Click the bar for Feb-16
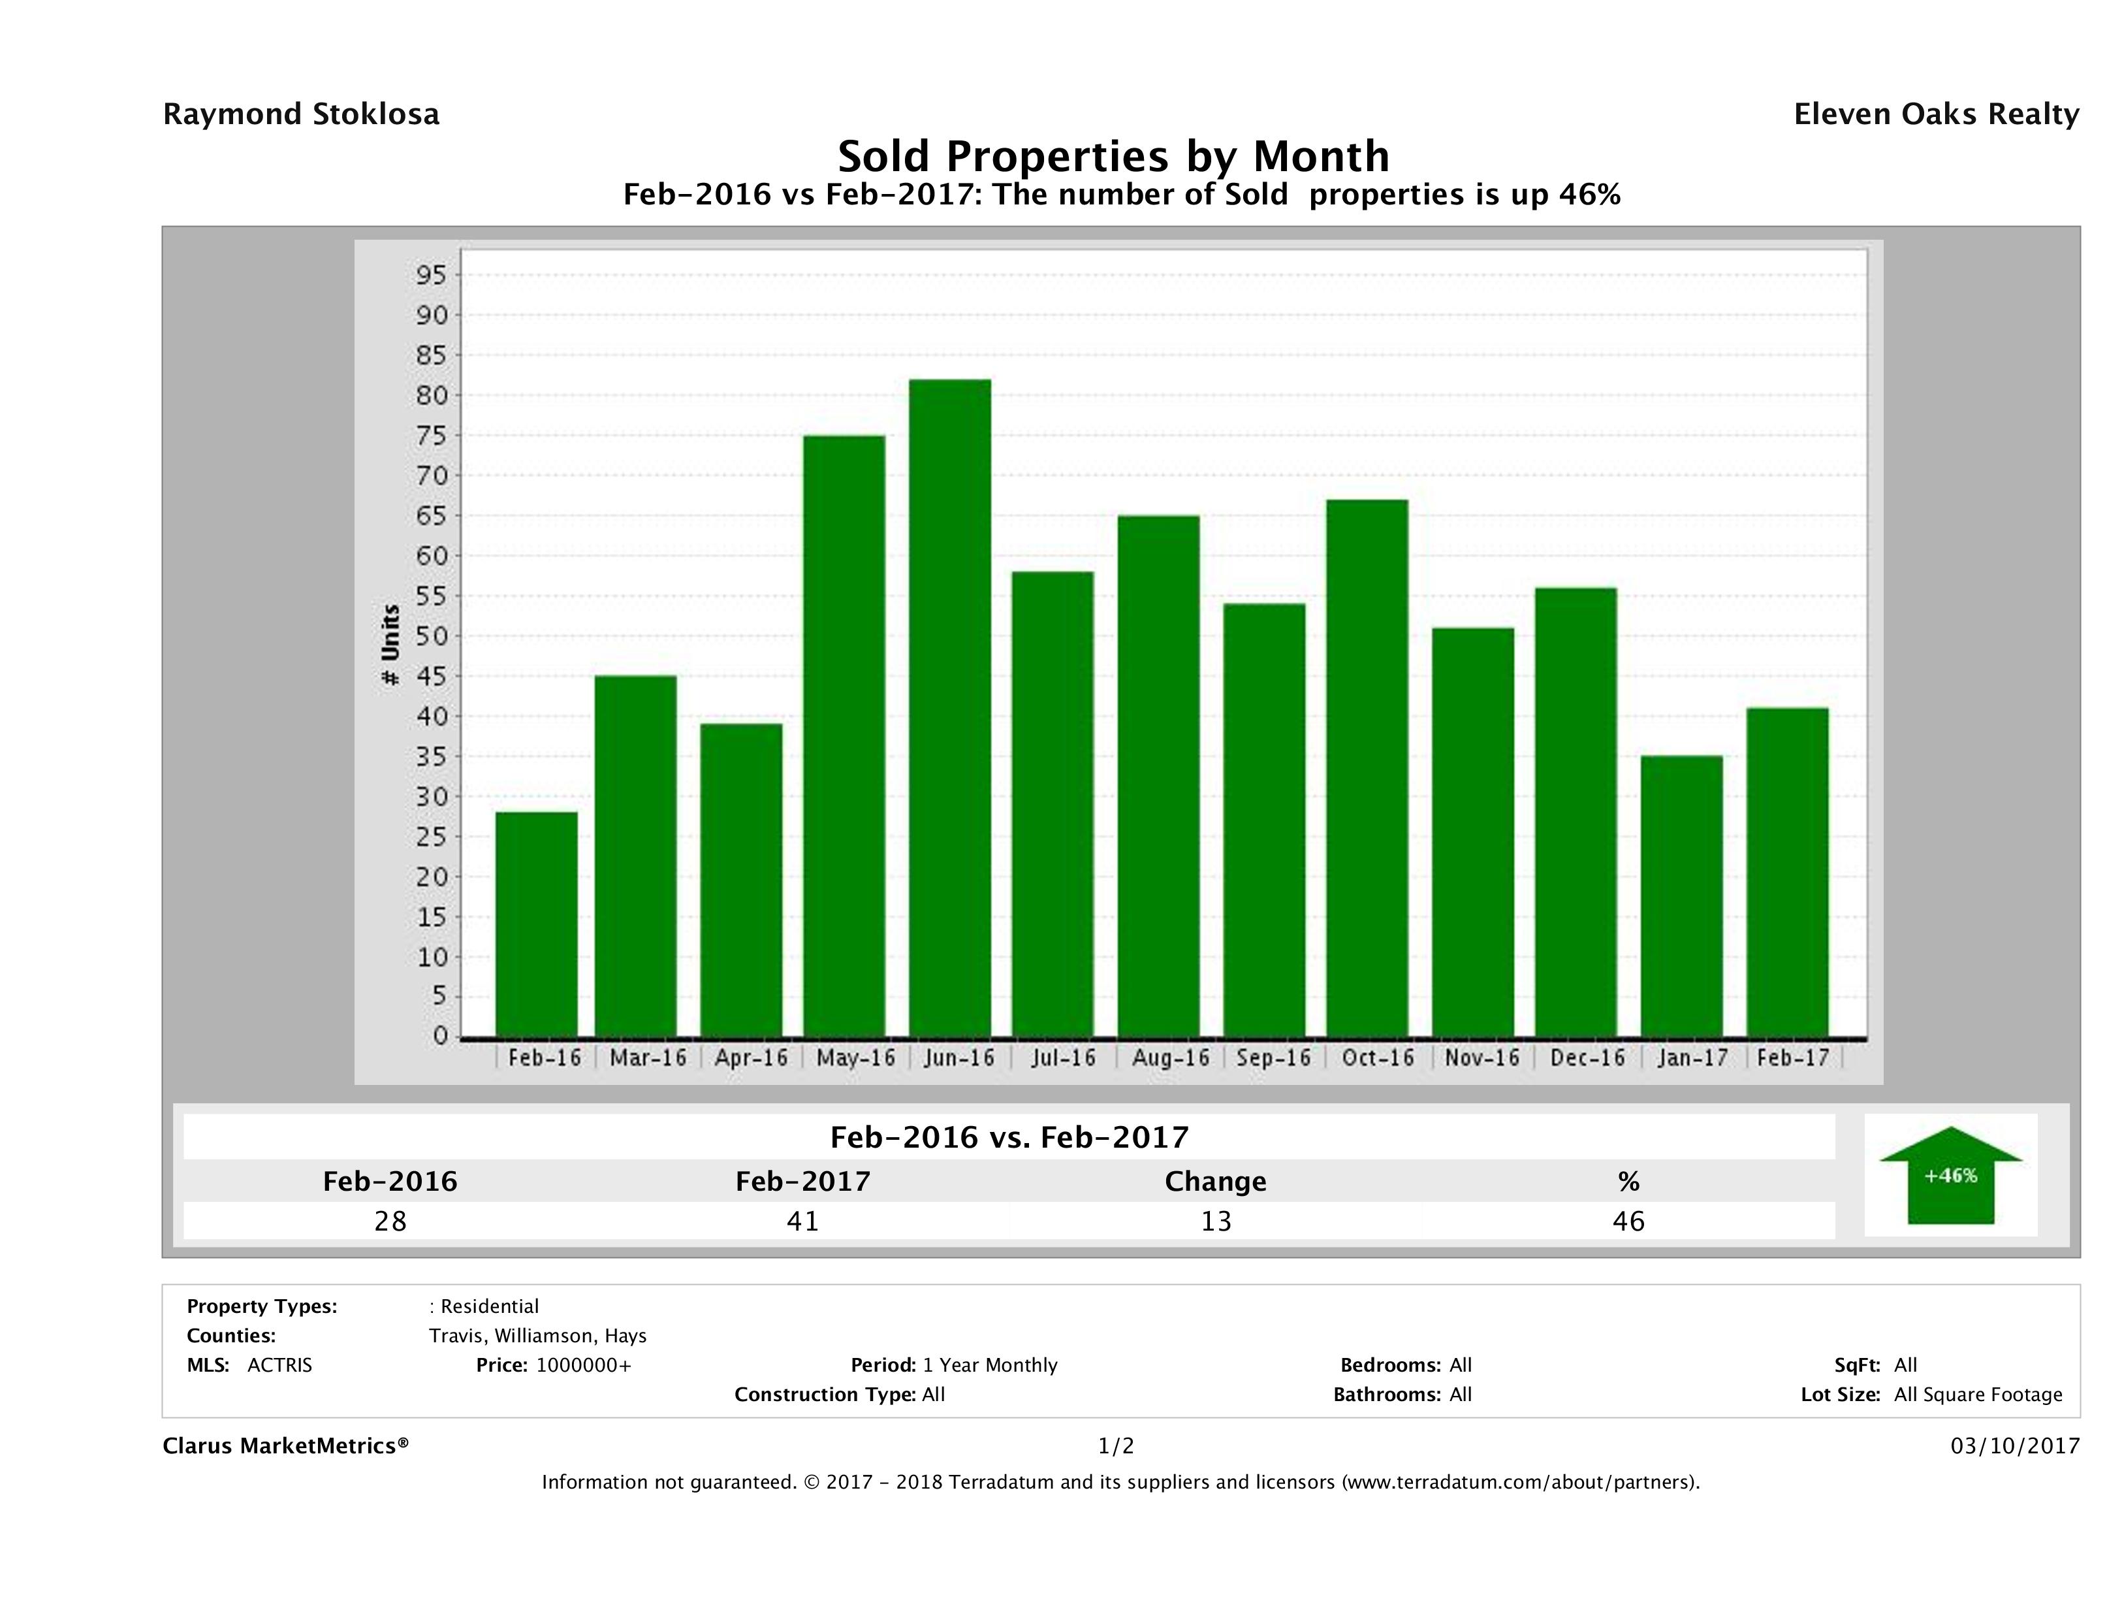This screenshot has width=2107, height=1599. (x=536, y=924)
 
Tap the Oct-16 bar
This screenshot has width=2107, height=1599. (x=1367, y=767)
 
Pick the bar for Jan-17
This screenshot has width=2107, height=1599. (x=1681, y=895)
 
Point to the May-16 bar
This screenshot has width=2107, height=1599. (x=844, y=735)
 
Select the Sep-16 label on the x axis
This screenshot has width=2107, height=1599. (x=1273, y=1058)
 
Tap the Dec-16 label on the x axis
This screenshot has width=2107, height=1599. (x=1587, y=1058)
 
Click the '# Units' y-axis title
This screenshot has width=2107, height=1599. (x=390, y=645)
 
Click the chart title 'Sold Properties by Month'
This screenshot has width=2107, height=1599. (x=1113, y=155)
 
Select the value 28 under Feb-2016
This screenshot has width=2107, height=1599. (x=390, y=1221)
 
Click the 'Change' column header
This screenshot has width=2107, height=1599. (x=1216, y=1182)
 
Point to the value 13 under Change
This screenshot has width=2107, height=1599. (x=1216, y=1221)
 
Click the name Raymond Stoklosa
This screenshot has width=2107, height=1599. (x=301, y=114)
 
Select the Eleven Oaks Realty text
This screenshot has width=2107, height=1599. (x=1935, y=114)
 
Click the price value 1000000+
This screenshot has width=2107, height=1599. (x=583, y=1365)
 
